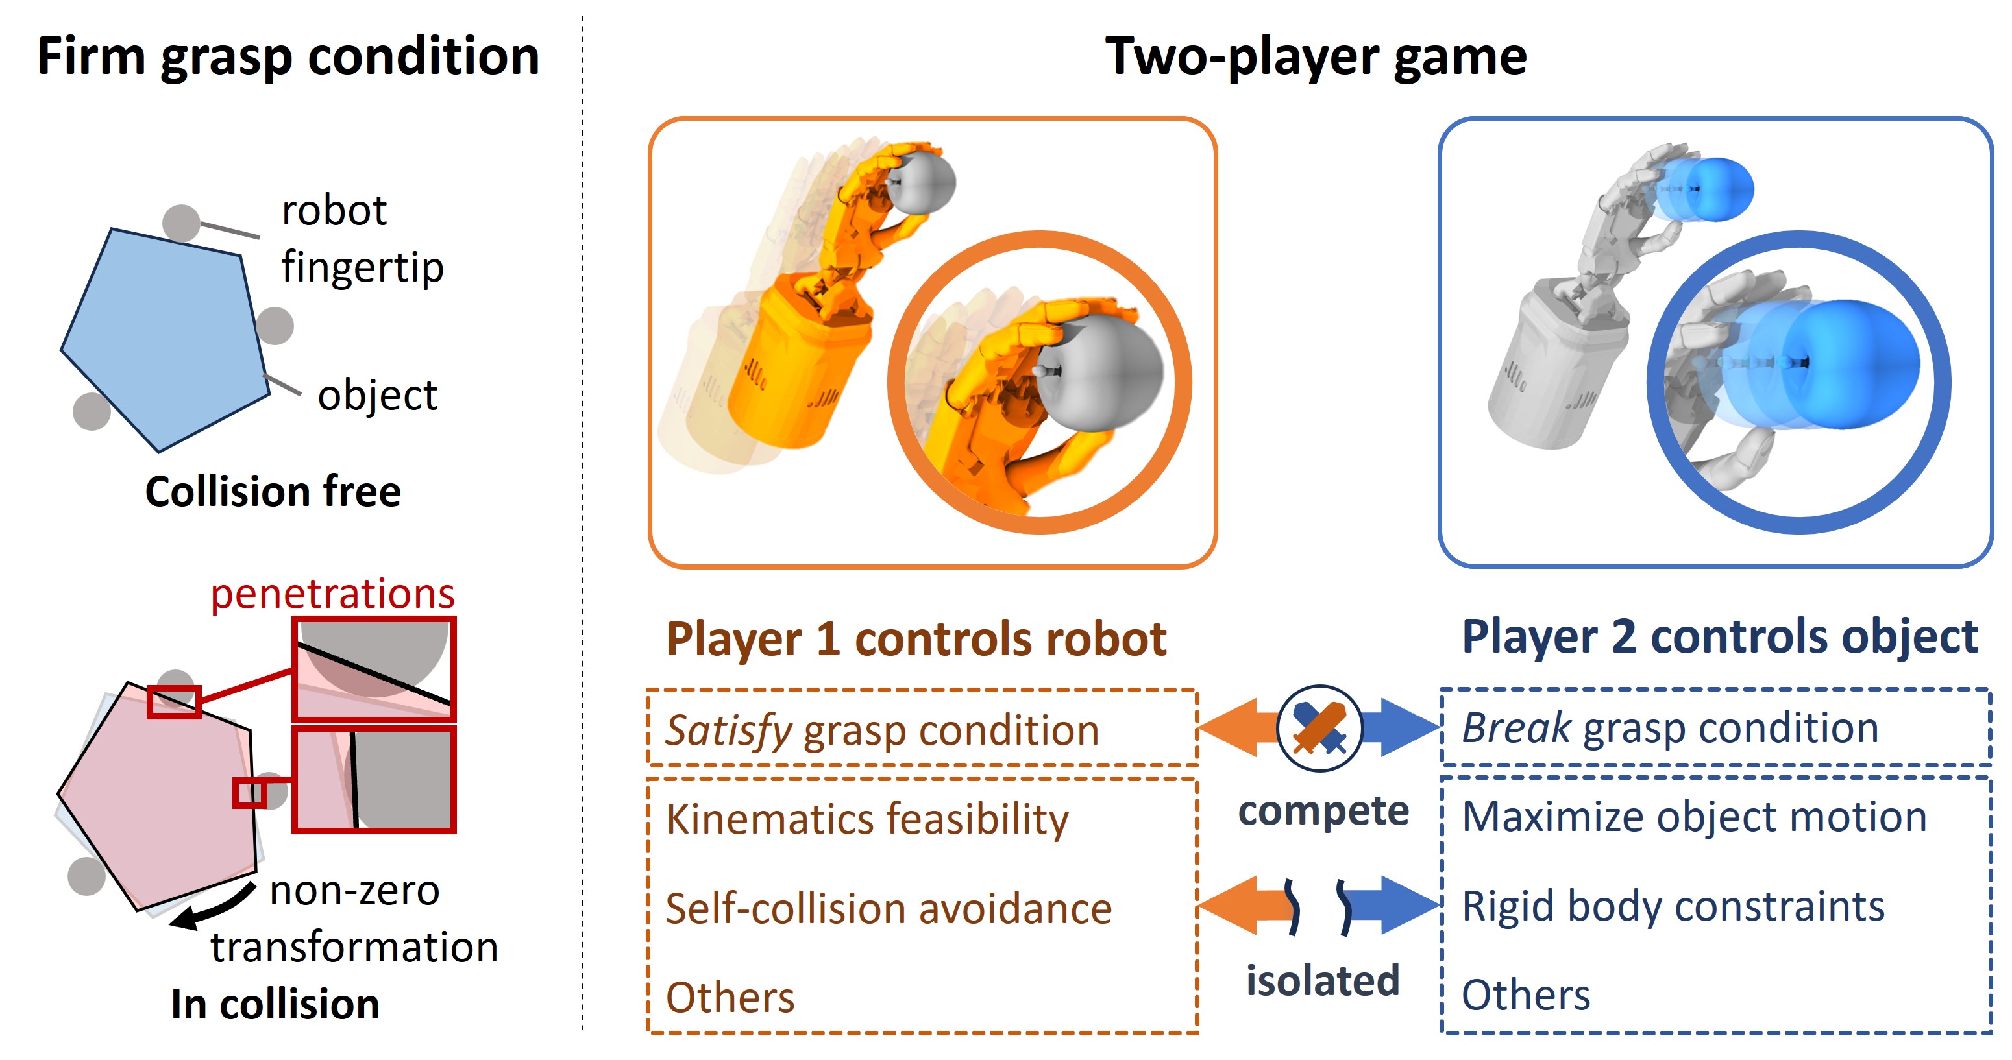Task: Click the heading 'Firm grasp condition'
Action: coord(288,57)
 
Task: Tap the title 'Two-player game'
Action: coord(1316,57)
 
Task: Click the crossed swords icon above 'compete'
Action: coord(1319,727)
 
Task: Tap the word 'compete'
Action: coord(1323,810)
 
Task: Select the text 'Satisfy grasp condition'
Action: coord(882,730)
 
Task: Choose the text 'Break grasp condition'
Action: coord(1670,727)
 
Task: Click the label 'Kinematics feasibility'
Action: coord(867,819)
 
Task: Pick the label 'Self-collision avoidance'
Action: coord(889,909)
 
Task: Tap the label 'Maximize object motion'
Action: coord(1694,817)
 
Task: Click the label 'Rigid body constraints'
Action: coord(1673,906)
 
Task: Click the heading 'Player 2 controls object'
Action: coord(1719,636)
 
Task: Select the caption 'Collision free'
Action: coord(273,492)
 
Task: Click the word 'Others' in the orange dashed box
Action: coord(730,997)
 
